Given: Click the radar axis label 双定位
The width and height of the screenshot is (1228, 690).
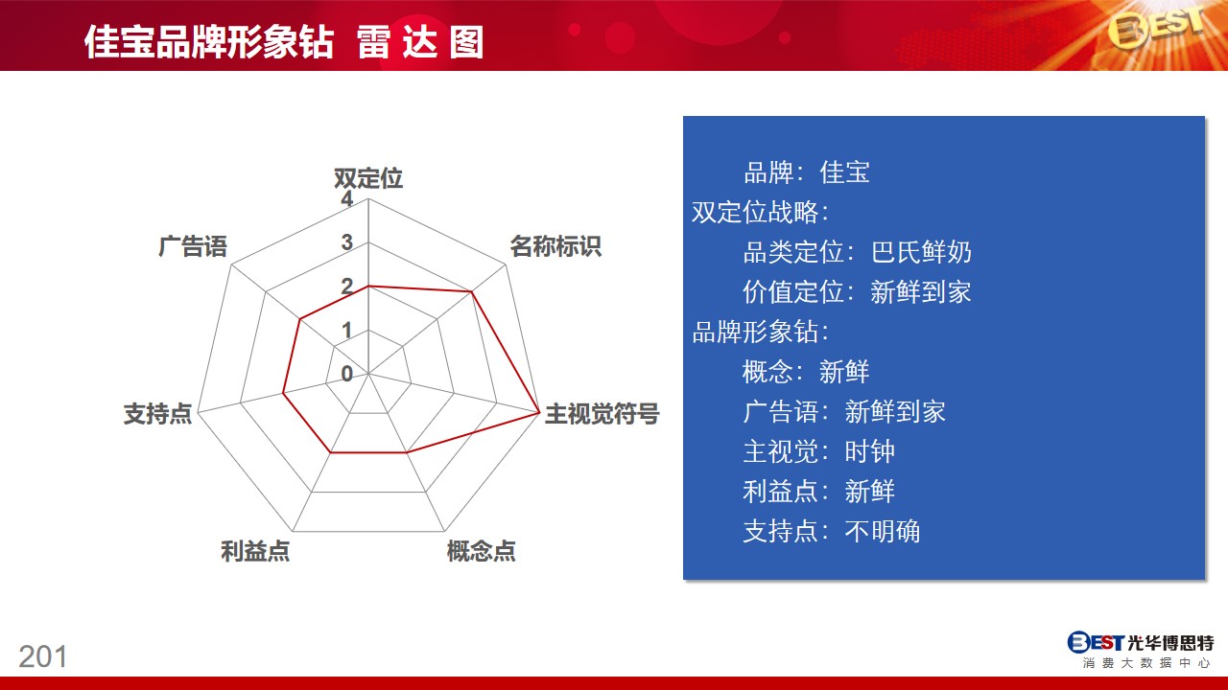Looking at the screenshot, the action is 368,178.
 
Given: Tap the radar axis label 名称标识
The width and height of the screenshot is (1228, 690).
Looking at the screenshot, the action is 555,246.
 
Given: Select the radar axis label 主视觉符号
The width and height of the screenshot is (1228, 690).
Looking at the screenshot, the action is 602,413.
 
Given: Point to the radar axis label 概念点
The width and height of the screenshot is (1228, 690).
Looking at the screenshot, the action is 482,551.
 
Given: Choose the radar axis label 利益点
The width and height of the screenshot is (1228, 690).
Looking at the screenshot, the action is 255,551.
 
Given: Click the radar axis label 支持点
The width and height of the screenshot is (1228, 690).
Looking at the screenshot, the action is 158,413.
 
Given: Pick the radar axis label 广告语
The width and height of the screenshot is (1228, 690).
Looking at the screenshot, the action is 193,246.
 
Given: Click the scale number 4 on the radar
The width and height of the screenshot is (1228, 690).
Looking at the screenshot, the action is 346,198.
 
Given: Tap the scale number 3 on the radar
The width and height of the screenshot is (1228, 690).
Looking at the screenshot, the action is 346,242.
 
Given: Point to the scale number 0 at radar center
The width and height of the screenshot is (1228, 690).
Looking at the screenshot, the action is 346,374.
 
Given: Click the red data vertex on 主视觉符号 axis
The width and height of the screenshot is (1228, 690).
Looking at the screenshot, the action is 539,412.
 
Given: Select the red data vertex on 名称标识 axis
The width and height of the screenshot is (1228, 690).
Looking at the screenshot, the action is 471,292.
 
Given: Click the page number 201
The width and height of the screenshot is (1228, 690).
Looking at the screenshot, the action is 43,656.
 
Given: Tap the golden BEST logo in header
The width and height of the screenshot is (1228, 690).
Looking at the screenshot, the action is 1156,29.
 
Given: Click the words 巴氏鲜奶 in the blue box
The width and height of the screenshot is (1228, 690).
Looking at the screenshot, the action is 921,252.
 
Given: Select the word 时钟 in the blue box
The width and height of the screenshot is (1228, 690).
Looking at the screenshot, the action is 869,451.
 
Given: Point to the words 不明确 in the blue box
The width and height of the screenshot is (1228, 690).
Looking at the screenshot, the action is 883,531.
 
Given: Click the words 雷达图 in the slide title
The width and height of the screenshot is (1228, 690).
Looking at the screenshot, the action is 420,42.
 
